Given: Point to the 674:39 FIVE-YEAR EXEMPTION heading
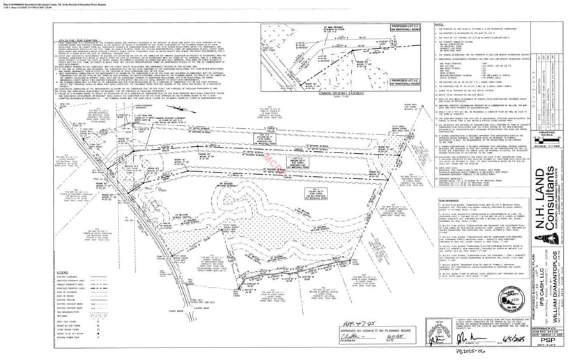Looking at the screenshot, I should coord(77,44).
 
